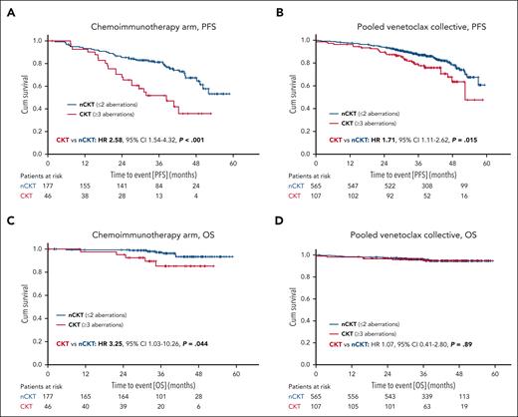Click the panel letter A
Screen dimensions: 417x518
tap(8, 9)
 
